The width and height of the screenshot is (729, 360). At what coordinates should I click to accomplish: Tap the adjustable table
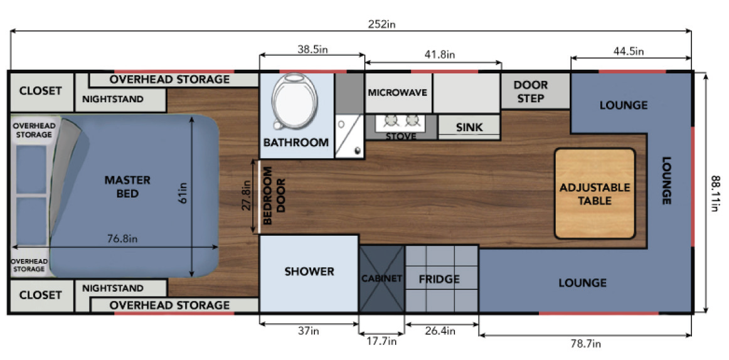pos(595,194)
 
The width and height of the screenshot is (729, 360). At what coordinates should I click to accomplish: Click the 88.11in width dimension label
pos(715,193)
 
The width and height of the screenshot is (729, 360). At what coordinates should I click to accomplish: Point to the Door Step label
pos(531,92)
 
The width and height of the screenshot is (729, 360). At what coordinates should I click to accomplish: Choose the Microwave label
pos(398,92)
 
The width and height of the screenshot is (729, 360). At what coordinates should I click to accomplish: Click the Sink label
pos(469,127)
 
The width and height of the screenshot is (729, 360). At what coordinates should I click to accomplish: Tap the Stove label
pos(401,137)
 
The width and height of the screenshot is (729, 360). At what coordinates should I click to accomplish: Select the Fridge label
pos(439,279)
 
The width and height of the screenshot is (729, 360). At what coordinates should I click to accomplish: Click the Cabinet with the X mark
pos(381,278)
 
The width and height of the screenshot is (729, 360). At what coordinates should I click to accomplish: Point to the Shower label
pos(309,272)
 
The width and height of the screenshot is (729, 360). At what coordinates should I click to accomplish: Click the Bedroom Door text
pos(275,196)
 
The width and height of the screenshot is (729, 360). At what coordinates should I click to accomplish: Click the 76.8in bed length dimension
pos(122,239)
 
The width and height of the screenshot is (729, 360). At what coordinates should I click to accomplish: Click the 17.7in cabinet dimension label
pos(381,341)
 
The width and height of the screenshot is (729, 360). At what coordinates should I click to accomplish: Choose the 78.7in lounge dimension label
pos(586,344)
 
